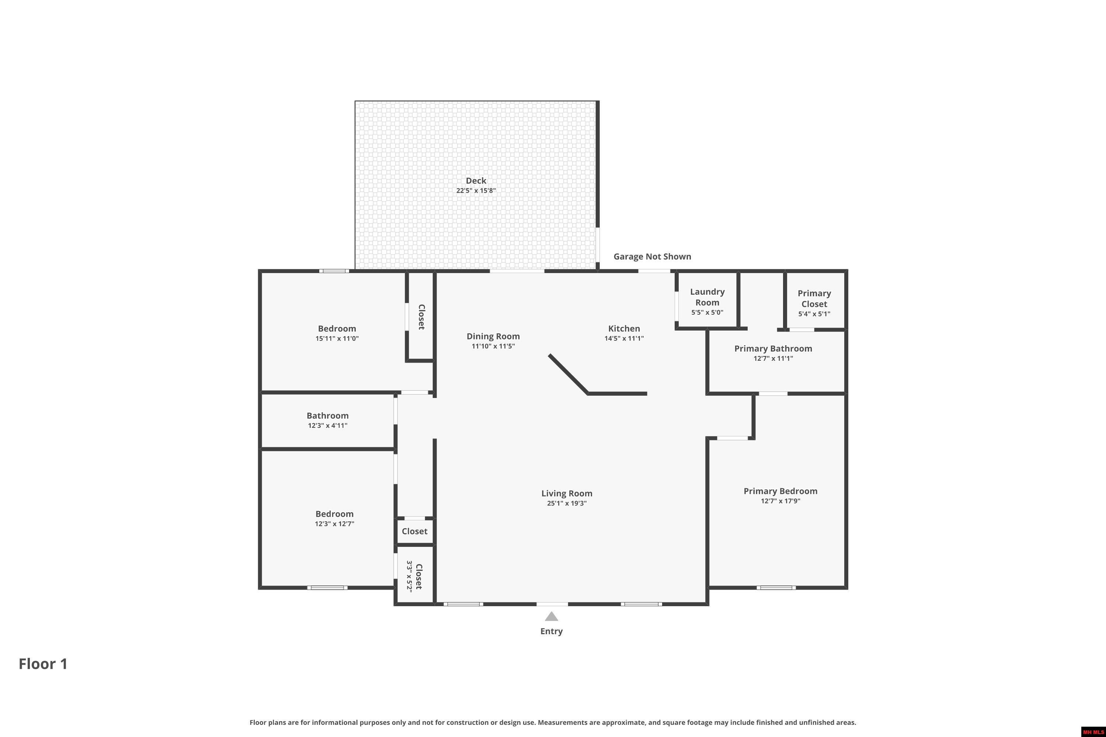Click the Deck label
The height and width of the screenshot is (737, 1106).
pos(476,181)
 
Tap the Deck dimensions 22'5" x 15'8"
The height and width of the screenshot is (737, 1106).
pos(476,191)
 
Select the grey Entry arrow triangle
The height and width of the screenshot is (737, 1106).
pos(552,616)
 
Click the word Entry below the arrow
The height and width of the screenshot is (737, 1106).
pos(552,631)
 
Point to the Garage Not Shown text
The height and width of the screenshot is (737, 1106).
pos(652,256)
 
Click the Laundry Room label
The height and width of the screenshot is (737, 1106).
pos(707,297)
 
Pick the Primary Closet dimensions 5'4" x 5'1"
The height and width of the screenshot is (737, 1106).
pos(814,314)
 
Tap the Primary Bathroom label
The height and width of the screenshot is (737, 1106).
pos(773,348)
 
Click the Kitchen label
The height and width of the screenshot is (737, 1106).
pos(624,329)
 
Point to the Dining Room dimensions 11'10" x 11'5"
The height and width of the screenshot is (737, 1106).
pos(493,346)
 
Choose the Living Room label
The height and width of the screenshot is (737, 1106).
pos(567,493)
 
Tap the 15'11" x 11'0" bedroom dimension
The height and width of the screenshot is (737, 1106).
pos(337,338)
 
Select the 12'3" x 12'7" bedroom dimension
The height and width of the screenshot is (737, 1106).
pos(334,524)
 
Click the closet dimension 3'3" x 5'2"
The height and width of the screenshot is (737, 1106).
pos(410,576)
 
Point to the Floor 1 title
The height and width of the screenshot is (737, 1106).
pos(43,664)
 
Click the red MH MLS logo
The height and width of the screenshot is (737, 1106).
pos(1093,732)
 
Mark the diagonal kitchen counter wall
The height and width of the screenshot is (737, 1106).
pos(568,374)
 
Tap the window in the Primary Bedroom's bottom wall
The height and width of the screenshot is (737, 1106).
pos(776,587)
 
